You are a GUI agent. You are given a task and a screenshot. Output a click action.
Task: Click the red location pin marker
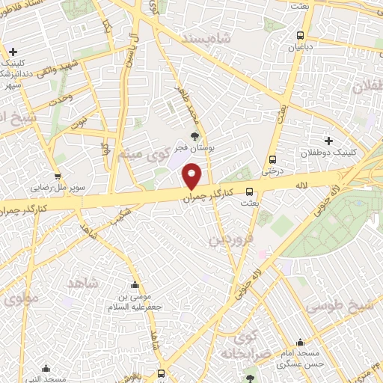click(192, 177)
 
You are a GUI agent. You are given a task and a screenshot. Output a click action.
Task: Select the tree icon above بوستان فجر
click(195, 136)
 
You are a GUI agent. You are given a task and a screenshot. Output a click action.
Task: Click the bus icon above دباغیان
click(301, 35)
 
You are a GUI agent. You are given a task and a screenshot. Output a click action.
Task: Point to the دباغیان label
click(301, 47)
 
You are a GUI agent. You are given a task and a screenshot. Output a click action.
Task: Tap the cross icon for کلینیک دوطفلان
click(328, 141)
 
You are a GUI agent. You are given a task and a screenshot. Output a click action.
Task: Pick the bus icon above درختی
click(272, 159)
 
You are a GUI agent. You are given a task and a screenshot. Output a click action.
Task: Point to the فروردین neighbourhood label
click(227, 239)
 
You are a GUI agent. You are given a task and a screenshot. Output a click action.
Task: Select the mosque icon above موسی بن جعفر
click(135, 284)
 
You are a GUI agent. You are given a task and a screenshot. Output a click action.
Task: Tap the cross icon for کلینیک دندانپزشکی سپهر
click(13, 51)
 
